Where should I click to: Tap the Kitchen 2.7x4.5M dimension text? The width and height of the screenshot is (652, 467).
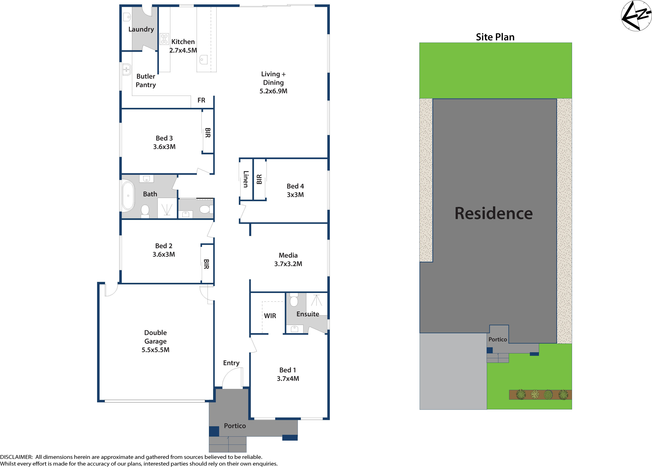pyautogui.click(x=183, y=50)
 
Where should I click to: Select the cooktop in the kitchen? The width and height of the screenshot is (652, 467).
pyautogui.click(x=164, y=39)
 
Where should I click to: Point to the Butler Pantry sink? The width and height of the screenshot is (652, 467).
pyautogui.click(x=126, y=70)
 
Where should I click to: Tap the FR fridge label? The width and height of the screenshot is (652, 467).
pyautogui.click(x=201, y=100)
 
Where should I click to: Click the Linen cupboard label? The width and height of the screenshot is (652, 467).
pyautogui.click(x=246, y=179)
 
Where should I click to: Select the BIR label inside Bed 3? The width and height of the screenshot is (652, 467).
pyautogui.click(x=208, y=133)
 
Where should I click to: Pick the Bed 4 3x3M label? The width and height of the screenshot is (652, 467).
pyautogui.click(x=295, y=190)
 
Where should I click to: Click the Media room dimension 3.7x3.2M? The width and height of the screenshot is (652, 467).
pyautogui.click(x=288, y=264)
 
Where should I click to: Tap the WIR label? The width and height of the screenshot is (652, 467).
pyautogui.click(x=270, y=316)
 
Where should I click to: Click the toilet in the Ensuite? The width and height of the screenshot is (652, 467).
pyautogui.click(x=293, y=300)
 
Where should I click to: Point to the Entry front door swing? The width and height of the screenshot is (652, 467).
pyautogui.click(x=232, y=378)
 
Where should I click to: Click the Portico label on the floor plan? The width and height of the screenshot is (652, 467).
pyautogui.click(x=235, y=426)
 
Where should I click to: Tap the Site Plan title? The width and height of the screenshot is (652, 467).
pyautogui.click(x=495, y=37)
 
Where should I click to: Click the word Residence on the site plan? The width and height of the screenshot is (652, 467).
pyautogui.click(x=493, y=214)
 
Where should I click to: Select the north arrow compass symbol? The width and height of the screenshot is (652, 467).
pyautogui.click(x=636, y=16)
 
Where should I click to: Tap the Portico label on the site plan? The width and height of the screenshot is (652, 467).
pyautogui.click(x=498, y=339)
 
